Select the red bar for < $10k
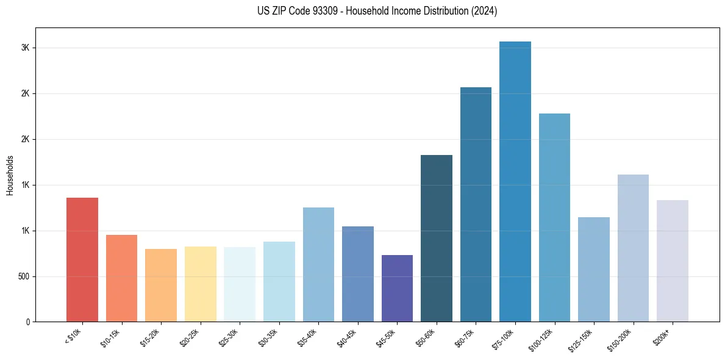pos(82,259)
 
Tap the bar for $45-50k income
pos(397,288)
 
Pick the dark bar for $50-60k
pos(437,238)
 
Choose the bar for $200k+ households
pos(673,261)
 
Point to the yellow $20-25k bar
pos(200,284)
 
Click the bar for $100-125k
pos(554,217)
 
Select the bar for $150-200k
pos(633,248)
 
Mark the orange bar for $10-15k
pos(121,278)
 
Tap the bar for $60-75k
pos(476,204)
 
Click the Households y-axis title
pos(10,175)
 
